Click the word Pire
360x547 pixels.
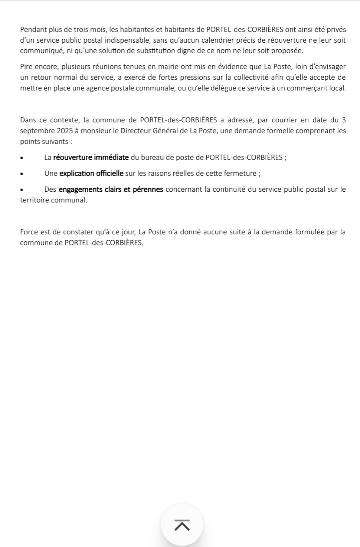click(26, 67)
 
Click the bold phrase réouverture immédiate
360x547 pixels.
click(91, 157)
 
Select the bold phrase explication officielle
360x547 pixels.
click(91, 173)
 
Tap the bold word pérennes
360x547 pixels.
click(148, 190)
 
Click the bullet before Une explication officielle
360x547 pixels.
click(22, 174)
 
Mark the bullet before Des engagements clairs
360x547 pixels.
click(22, 190)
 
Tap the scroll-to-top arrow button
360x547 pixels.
click(182, 525)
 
